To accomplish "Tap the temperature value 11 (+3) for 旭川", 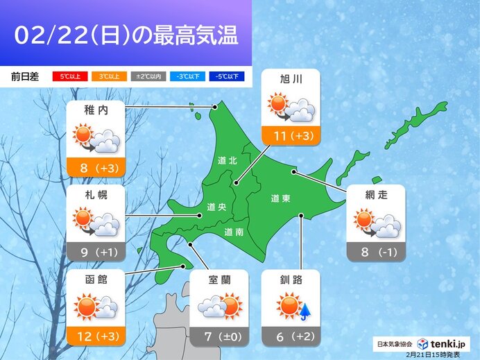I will (x=291, y=135).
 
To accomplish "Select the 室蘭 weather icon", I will (x=218, y=306).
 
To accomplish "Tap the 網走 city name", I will (x=375, y=195).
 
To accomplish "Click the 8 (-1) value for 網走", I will (x=375, y=251).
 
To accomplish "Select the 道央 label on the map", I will (x=216, y=206).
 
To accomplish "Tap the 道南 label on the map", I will (x=234, y=232).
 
